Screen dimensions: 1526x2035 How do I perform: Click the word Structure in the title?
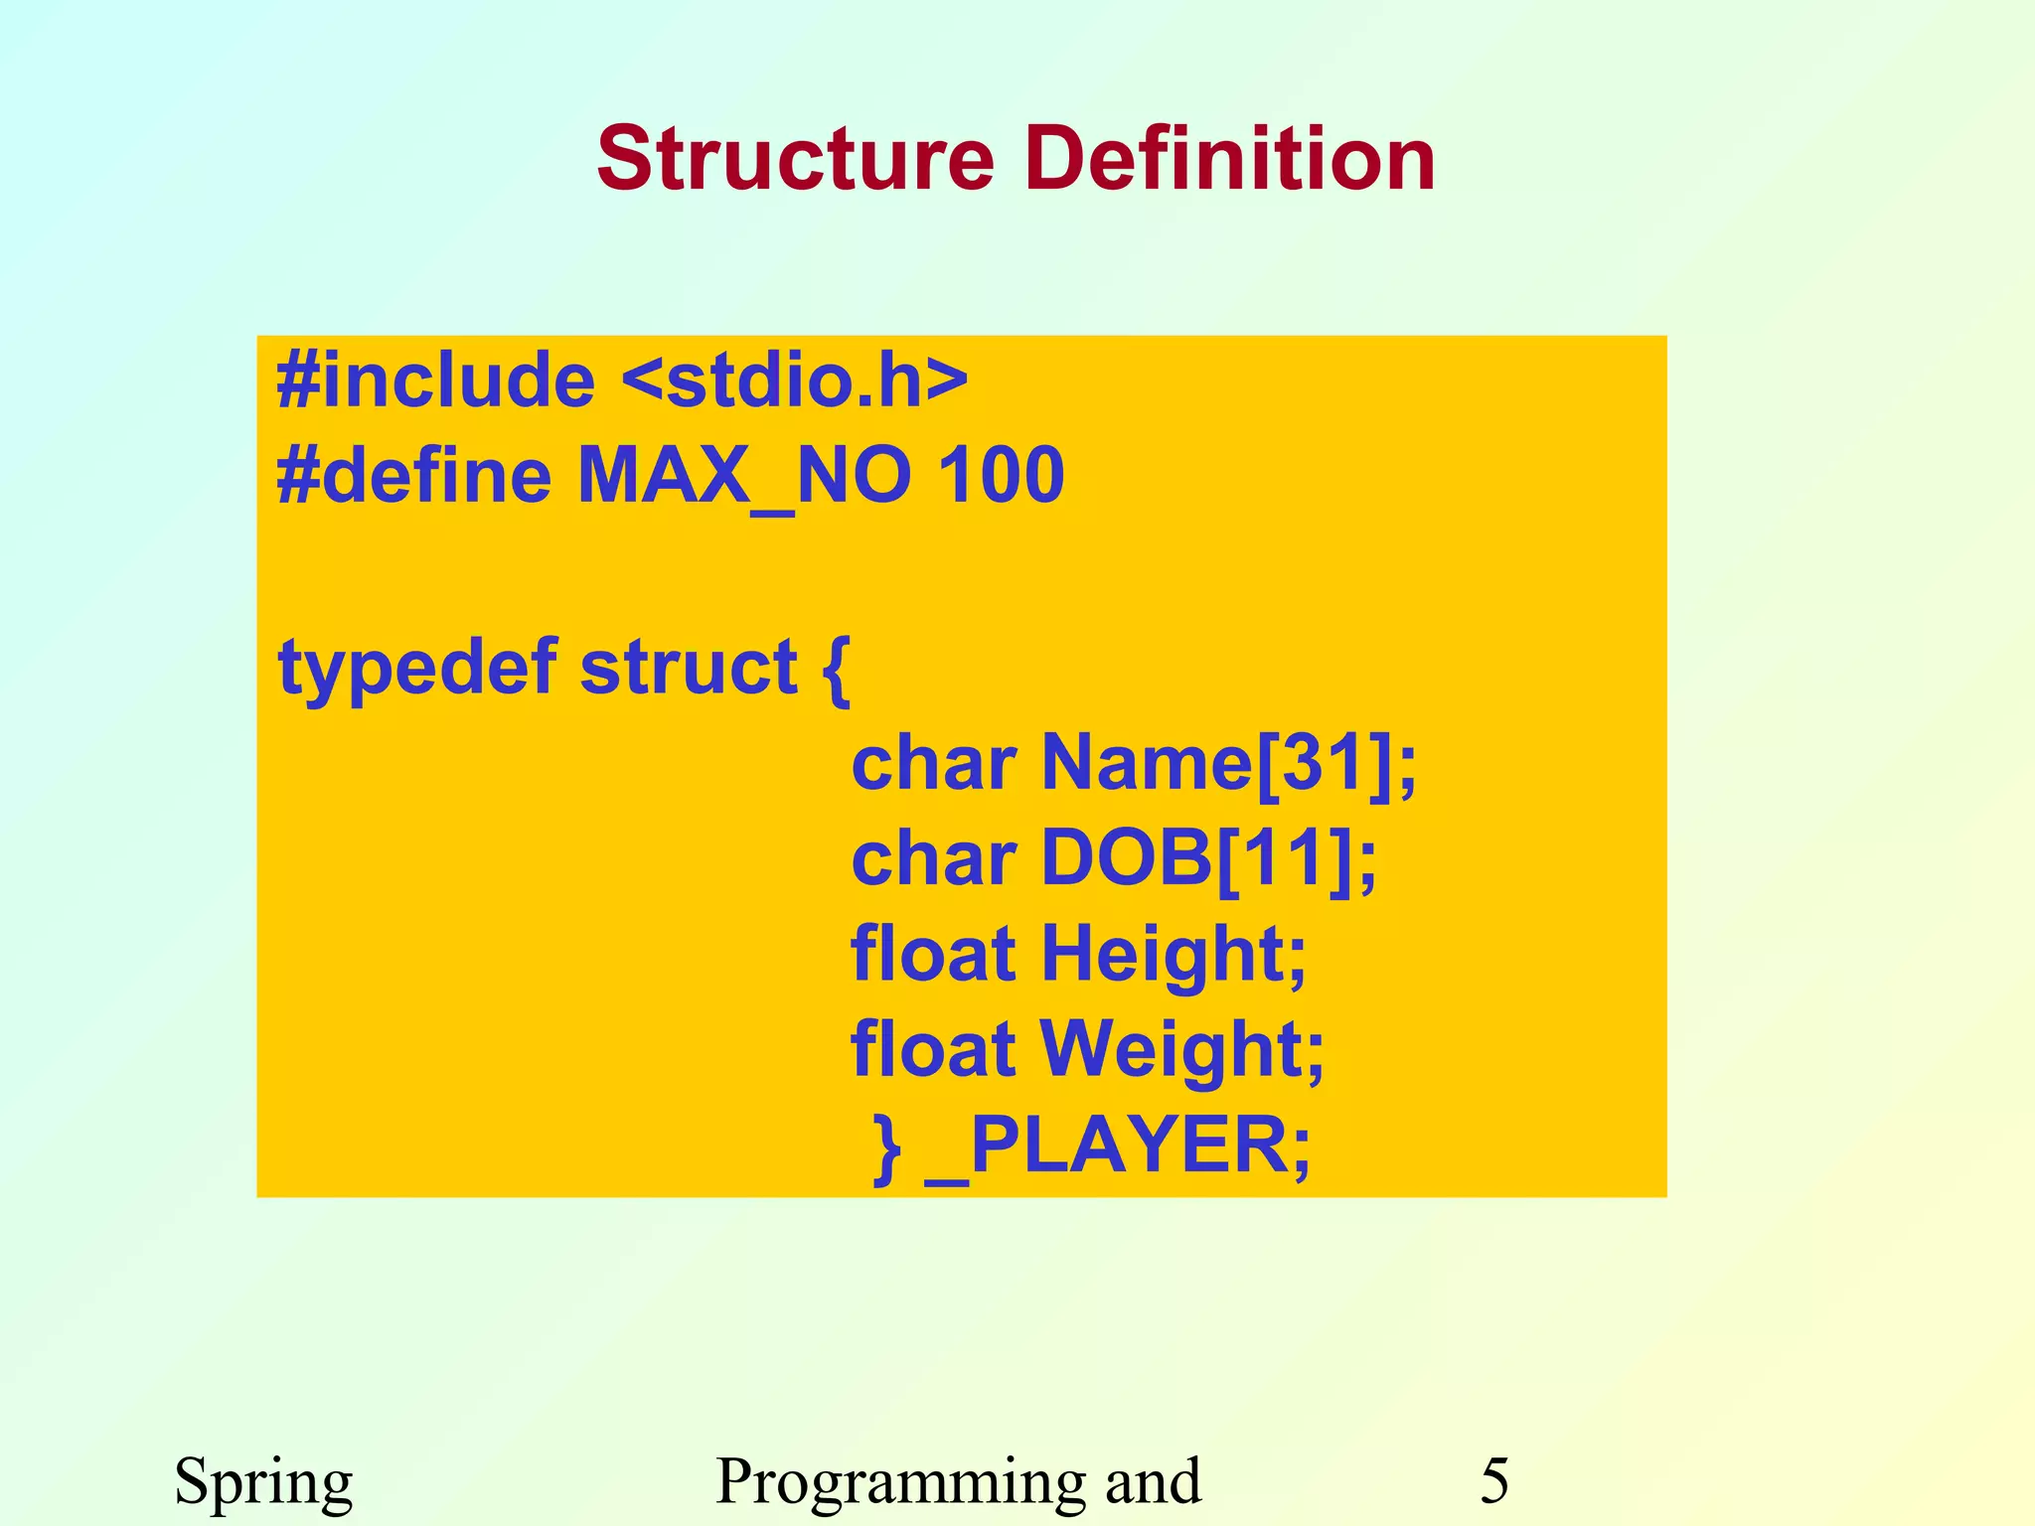(x=796, y=159)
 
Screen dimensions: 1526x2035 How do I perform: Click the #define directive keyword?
(x=413, y=475)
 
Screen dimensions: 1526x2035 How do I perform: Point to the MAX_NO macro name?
(x=743, y=475)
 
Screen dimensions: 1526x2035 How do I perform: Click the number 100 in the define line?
(x=1001, y=475)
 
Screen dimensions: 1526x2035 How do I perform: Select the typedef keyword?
(x=417, y=668)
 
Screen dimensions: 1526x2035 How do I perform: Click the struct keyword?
(x=688, y=668)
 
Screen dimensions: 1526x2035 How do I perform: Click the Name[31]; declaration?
(x=1228, y=763)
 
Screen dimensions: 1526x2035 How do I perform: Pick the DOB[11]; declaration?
(x=1208, y=858)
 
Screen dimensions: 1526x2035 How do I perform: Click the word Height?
(x=1174, y=954)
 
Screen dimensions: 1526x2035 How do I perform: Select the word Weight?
(x=1182, y=1049)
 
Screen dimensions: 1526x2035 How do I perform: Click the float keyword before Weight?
(x=933, y=1049)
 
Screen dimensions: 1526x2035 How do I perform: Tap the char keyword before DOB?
(x=933, y=858)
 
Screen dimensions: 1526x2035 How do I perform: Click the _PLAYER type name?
(x=1118, y=1144)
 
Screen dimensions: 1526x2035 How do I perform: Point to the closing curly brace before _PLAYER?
(x=886, y=1148)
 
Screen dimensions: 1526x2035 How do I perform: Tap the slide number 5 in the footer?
(x=1494, y=1480)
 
